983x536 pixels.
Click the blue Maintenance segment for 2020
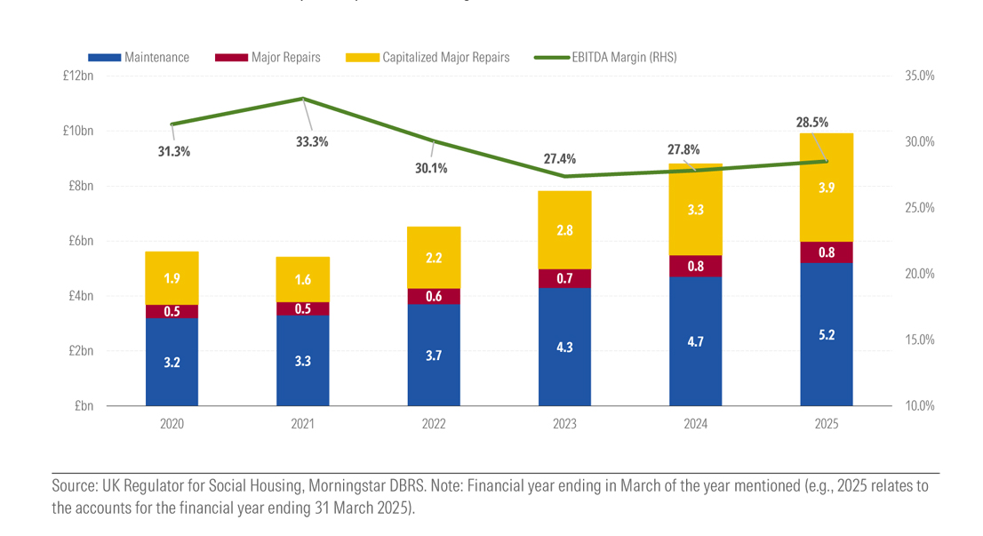tap(172, 362)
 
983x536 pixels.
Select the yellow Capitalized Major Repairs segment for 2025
tap(826, 187)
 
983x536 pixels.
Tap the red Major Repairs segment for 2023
tap(564, 278)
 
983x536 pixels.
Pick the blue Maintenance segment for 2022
tap(434, 355)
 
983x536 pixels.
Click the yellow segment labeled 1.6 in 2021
tap(303, 279)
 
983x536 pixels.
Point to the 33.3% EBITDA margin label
tap(313, 141)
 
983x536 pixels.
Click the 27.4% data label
tap(560, 159)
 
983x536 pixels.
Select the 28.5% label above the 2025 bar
tap(812, 123)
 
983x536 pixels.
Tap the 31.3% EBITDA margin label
tap(174, 152)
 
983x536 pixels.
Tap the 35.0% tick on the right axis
tap(919, 76)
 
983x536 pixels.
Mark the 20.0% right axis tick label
tap(919, 274)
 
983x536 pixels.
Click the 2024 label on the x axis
tap(695, 425)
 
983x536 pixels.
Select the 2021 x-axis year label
tap(303, 425)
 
